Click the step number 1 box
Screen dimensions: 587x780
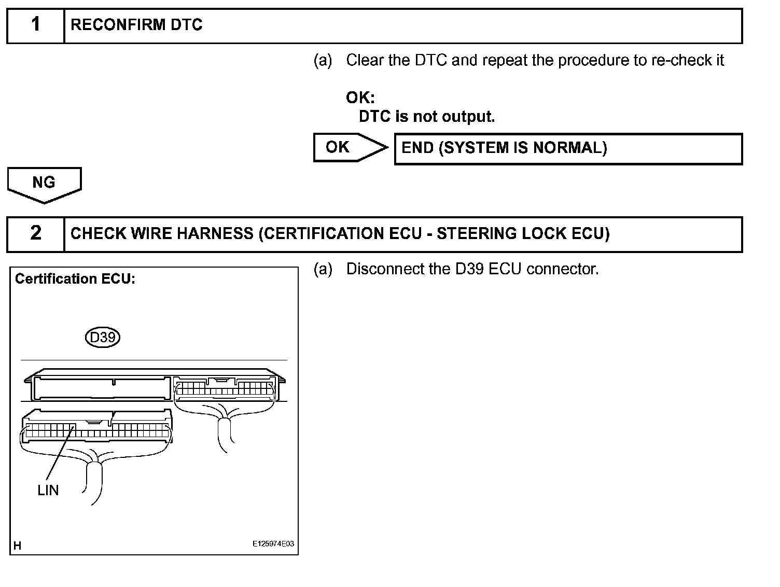pyautogui.click(x=35, y=25)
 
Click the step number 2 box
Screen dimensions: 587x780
pyautogui.click(x=35, y=233)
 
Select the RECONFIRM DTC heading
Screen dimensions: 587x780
pyautogui.click(x=136, y=25)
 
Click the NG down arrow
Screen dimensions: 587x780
pyautogui.click(x=44, y=184)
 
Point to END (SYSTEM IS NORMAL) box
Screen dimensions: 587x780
pyautogui.click(x=568, y=149)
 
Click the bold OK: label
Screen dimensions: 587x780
pyautogui.click(x=360, y=97)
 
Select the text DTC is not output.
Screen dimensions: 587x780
pyautogui.click(x=427, y=117)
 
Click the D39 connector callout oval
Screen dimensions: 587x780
pyautogui.click(x=103, y=338)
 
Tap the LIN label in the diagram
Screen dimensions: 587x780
pyautogui.click(x=48, y=490)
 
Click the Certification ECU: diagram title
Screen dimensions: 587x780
pyautogui.click(x=75, y=279)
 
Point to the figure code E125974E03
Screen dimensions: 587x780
pyautogui.click(x=273, y=544)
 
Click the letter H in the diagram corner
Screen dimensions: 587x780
pyautogui.click(x=18, y=546)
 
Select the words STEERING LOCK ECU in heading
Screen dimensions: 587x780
pyautogui.click(x=523, y=234)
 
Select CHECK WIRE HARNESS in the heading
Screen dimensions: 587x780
pyautogui.click(x=162, y=234)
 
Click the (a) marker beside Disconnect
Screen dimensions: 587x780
pyautogui.click(x=323, y=269)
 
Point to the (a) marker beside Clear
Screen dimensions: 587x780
pyautogui.click(x=323, y=61)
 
